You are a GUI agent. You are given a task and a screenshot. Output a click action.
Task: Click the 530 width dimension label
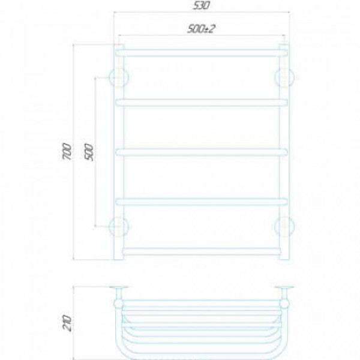(201, 5)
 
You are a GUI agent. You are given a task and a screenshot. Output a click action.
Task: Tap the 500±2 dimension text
(202, 29)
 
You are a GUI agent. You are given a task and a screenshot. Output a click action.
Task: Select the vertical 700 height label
(67, 151)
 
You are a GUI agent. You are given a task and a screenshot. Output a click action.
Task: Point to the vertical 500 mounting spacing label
(89, 152)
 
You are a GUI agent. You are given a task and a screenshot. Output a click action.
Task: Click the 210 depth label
(67, 323)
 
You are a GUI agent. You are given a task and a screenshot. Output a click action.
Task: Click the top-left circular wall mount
(119, 77)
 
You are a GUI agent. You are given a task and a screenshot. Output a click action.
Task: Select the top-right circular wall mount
(284, 77)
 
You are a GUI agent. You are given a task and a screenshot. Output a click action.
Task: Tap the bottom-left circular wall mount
(119, 227)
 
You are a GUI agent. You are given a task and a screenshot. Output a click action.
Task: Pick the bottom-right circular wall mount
(284, 227)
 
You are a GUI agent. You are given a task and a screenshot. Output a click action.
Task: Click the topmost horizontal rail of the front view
(202, 53)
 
